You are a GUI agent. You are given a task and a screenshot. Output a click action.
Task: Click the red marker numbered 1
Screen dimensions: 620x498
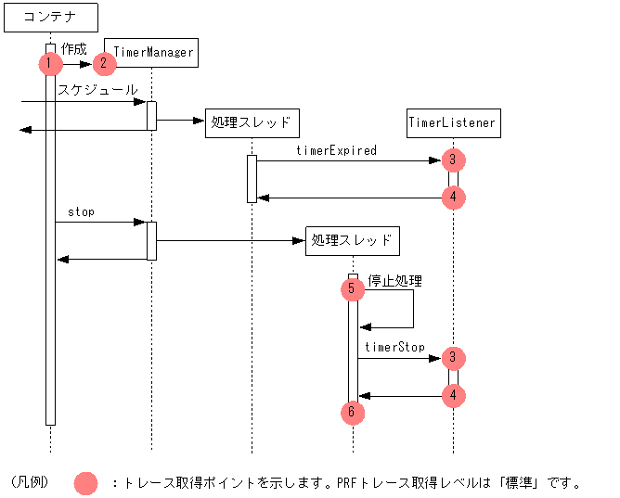[x=50, y=64]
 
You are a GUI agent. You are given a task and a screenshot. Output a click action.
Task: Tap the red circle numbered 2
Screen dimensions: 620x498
[x=104, y=64]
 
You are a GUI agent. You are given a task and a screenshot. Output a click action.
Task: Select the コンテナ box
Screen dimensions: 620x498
[x=51, y=18]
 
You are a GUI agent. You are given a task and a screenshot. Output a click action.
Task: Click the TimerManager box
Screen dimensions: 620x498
[x=151, y=53]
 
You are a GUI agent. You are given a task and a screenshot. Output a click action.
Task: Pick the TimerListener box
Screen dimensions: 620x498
[x=454, y=123]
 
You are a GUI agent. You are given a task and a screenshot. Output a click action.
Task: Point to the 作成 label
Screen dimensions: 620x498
[x=74, y=49]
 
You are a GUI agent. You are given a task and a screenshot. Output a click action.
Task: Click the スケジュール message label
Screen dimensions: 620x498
[x=97, y=90]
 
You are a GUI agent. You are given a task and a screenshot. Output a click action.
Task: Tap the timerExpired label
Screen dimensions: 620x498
[x=337, y=150]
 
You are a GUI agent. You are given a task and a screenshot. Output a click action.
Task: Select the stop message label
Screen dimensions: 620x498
[x=81, y=212]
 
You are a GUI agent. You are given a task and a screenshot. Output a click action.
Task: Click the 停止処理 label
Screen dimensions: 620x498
[x=395, y=281]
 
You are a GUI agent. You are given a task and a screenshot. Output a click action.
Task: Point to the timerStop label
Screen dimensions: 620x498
[x=394, y=347]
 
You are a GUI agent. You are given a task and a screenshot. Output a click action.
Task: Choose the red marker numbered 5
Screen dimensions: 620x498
[x=353, y=289]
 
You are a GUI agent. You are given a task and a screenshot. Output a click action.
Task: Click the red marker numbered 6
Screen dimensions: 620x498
[x=353, y=413]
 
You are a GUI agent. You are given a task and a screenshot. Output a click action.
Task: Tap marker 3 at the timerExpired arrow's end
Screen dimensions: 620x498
[x=453, y=160]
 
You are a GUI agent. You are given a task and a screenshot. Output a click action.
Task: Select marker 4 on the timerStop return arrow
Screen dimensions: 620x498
[x=453, y=395]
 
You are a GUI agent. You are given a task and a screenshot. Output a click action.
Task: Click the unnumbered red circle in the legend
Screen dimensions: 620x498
[x=85, y=483]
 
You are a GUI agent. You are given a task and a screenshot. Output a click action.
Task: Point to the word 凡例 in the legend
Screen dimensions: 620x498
[x=30, y=482]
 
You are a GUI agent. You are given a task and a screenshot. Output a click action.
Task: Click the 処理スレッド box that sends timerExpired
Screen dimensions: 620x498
[x=252, y=123]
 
